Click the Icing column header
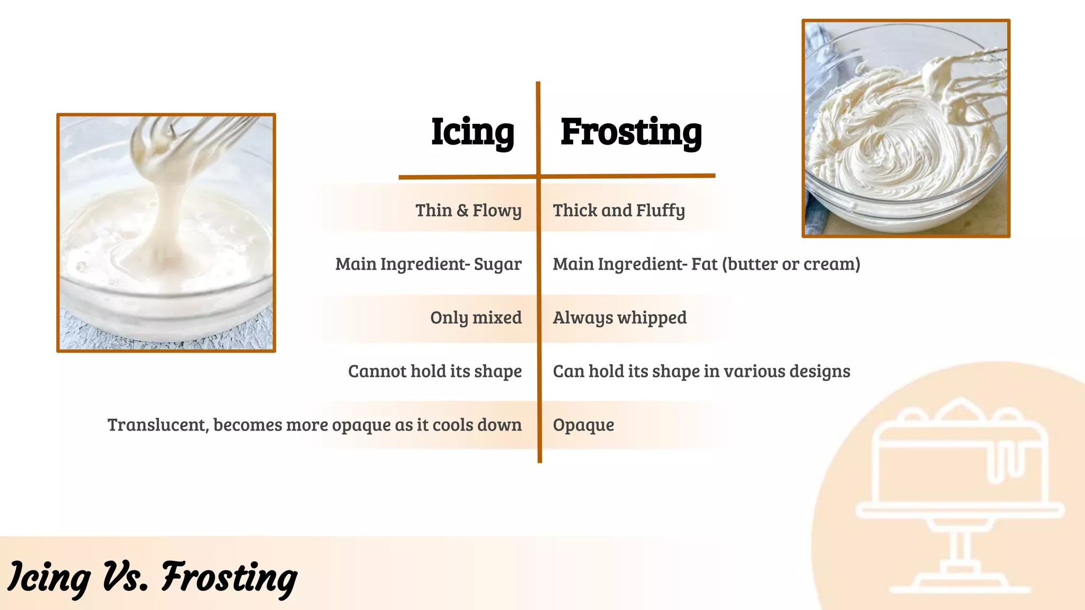click(x=472, y=132)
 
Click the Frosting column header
click(x=631, y=132)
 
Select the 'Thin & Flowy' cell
click(x=468, y=210)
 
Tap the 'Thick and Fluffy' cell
click(x=619, y=210)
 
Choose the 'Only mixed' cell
click(x=476, y=317)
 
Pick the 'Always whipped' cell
click(x=620, y=317)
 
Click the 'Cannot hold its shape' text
click(x=435, y=371)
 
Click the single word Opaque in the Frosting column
click(x=583, y=425)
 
